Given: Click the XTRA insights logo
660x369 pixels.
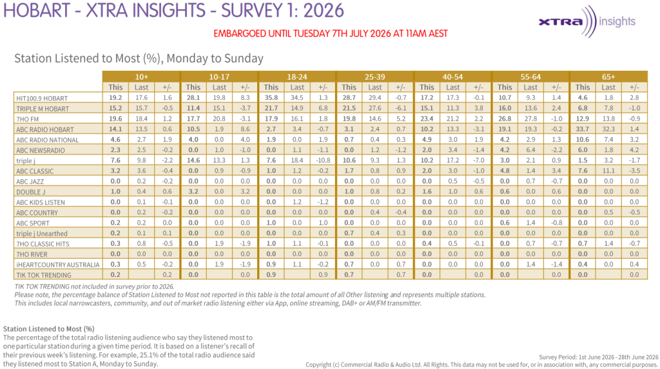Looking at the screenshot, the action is [587, 21].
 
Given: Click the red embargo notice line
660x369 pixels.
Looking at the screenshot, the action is [331, 33].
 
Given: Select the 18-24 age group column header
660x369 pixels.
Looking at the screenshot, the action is [296, 77].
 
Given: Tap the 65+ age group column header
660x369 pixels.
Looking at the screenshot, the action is [608, 77].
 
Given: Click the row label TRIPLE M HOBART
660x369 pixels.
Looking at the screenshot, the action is [42, 109].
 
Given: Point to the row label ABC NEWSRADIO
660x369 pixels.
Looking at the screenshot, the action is [41, 150].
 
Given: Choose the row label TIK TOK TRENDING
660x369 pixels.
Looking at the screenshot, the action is [44, 275].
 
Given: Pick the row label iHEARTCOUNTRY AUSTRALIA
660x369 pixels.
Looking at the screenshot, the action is [57, 265].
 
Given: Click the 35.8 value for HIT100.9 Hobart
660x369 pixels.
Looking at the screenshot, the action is [271, 98].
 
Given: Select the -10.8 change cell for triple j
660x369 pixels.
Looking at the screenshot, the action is [323, 160].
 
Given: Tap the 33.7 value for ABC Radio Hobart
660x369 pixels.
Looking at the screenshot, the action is [583, 129].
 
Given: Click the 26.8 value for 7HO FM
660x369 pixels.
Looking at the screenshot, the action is [505, 118].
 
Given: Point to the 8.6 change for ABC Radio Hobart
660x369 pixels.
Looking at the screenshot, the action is [245, 129].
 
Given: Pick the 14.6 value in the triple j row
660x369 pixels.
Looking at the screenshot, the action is [193, 160].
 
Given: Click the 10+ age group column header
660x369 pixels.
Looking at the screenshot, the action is [141, 77].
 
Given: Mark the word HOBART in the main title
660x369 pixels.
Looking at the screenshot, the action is [37, 10].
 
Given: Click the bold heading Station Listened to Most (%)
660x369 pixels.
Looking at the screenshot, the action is [49, 328].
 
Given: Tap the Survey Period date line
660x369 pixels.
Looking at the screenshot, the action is [599, 357].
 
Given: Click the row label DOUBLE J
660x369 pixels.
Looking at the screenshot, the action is [31, 192].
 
